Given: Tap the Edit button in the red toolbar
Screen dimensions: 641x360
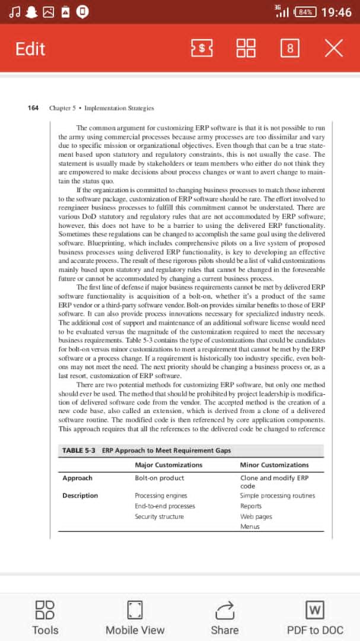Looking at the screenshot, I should click(x=30, y=49).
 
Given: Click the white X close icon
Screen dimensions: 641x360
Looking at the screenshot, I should click(x=333, y=49).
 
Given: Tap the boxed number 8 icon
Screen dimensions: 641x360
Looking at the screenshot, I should click(x=289, y=49).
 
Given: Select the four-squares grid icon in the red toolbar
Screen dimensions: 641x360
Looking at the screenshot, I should click(x=246, y=49).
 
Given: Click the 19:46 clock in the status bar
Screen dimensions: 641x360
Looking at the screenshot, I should click(x=336, y=12).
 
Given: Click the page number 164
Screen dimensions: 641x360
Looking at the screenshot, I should click(x=33, y=108).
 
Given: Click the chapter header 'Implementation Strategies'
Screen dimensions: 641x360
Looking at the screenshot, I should click(x=119, y=108).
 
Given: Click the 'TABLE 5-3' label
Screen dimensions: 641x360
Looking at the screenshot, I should click(x=79, y=450).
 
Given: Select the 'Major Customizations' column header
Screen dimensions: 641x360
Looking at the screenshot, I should click(x=168, y=465).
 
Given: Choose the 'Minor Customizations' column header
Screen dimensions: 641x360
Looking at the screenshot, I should click(x=274, y=465).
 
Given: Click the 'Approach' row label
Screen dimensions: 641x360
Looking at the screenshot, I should click(x=77, y=478).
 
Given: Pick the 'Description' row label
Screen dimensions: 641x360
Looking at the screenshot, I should click(x=80, y=496).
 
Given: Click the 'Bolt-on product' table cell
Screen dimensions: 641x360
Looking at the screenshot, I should click(x=160, y=478).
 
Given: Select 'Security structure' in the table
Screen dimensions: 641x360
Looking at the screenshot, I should click(x=159, y=516).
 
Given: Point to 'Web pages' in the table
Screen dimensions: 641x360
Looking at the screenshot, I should click(x=256, y=516).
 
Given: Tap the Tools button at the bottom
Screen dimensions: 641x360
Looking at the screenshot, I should click(x=45, y=617).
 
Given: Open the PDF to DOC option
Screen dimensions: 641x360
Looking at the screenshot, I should click(x=314, y=617).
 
